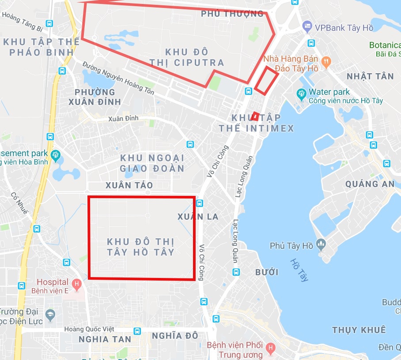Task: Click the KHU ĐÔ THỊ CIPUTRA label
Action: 186,57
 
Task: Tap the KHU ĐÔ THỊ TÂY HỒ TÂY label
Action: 141,247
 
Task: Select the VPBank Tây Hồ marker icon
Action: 307,27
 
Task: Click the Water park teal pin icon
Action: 302,94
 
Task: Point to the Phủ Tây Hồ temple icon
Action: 321,244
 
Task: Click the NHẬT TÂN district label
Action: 370,76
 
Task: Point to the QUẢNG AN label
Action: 370,184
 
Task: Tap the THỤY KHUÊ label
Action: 359,330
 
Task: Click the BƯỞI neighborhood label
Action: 267,272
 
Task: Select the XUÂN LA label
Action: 198,217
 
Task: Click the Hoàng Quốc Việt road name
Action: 89,329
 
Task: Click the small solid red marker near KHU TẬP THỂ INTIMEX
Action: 255,116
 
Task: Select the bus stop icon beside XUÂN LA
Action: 199,203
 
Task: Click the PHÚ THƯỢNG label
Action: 232,14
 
